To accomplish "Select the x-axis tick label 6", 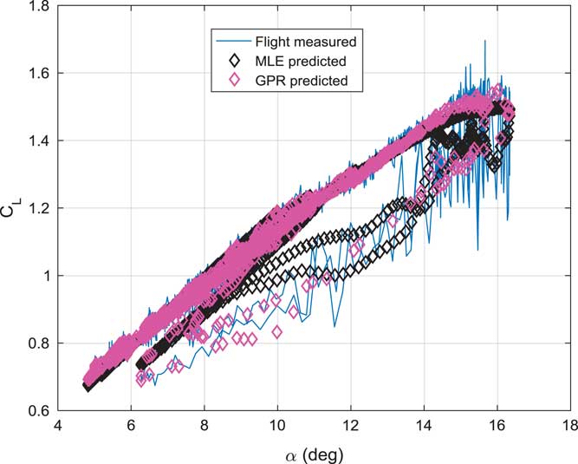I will point(131,426).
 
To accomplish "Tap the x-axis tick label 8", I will point(204,426).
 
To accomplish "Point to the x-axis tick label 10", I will point(276,426).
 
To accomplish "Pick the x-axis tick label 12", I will point(350,426).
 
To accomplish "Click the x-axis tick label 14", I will point(423,426).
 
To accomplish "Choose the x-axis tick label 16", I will point(497,426).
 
